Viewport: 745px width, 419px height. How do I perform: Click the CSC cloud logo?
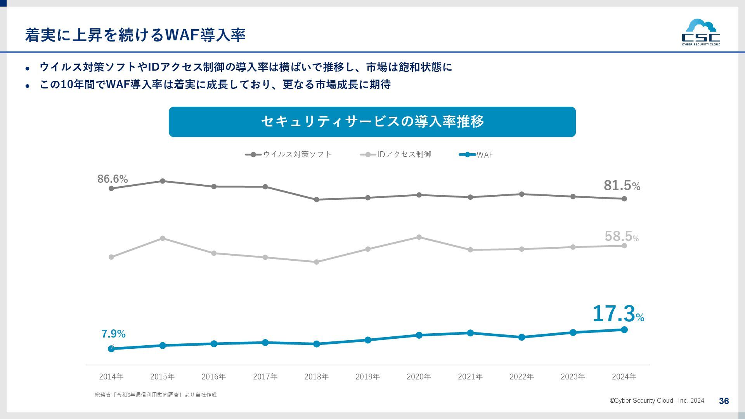point(701,33)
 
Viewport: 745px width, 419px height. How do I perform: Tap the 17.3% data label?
point(618,314)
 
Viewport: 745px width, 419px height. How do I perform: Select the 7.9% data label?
point(113,334)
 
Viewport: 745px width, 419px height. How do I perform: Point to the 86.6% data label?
point(113,179)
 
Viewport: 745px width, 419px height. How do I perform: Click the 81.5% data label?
point(622,185)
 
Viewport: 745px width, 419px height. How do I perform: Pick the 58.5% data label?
point(621,236)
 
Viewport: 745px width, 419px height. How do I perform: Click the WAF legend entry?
point(476,154)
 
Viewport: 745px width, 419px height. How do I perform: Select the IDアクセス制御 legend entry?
point(396,154)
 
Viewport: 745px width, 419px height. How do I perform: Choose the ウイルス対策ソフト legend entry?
point(289,154)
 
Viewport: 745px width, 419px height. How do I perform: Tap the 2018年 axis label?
point(316,376)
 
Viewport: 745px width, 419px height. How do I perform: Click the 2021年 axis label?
point(470,376)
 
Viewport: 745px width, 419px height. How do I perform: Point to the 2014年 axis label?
point(111,376)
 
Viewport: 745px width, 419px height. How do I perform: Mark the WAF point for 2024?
point(624,330)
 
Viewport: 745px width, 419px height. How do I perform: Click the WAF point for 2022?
point(521,337)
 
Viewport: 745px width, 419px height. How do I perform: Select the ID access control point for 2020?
point(419,237)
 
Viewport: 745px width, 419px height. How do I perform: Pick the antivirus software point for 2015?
point(163,181)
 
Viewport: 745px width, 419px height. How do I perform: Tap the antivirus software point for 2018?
point(316,199)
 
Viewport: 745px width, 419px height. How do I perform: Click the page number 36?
point(724,401)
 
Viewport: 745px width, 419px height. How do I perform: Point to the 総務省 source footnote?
point(156,395)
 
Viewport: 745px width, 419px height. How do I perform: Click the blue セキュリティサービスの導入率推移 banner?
point(372,122)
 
